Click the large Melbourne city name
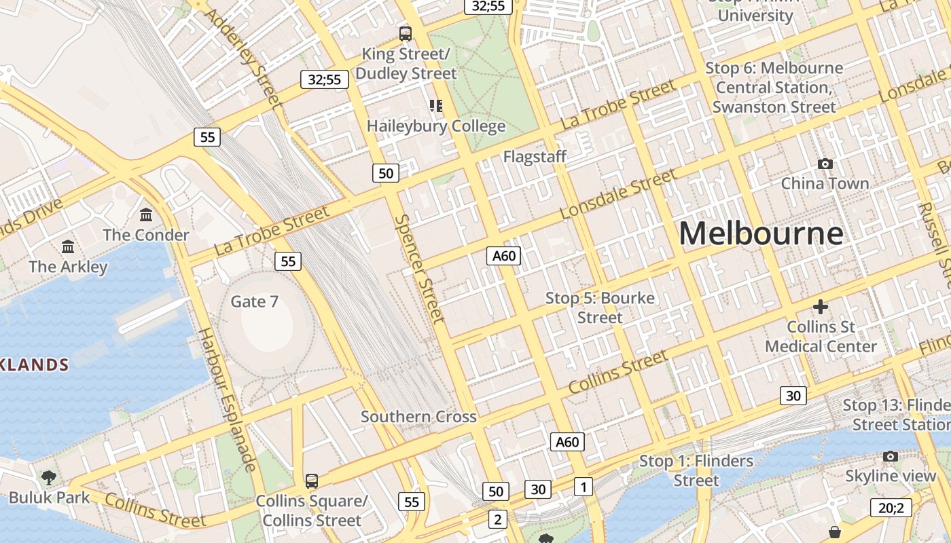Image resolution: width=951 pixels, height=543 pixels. point(761,233)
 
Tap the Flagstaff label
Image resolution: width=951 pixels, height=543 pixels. point(535,157)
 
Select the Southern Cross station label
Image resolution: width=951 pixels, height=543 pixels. point(418,417)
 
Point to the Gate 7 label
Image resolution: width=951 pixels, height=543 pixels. point(255,301)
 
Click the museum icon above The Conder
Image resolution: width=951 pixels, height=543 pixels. point(146,215)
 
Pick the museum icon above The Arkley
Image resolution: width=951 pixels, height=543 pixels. point(68,246)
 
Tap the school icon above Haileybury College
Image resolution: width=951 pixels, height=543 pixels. point(435,105)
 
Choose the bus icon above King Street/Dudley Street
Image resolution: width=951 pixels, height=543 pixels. point(406,33)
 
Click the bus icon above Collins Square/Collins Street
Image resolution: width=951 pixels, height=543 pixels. point(312,481)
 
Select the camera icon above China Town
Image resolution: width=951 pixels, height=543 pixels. point(825,164)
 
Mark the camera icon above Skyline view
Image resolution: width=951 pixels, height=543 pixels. point(891,456)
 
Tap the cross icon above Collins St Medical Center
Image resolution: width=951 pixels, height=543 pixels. point(821,307)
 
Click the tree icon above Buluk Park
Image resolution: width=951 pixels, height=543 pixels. point(49,478)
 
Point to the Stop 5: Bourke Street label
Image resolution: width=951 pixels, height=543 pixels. point(600,307)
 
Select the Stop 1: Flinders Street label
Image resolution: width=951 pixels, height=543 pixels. point(696,470)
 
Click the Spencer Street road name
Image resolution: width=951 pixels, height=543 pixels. point(419,269)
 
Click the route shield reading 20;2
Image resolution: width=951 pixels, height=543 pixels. point(891,508)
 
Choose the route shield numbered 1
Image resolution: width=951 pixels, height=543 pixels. point(583,486)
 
